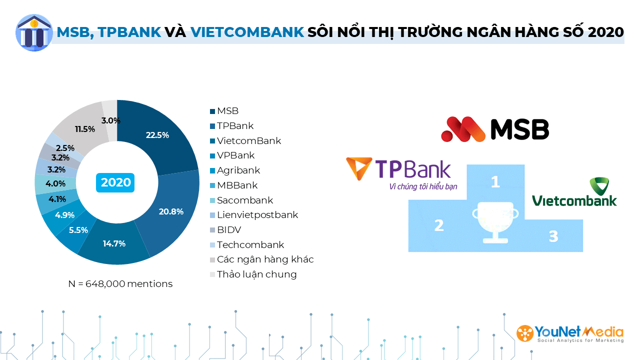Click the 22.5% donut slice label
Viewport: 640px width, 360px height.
(x=157, y=135)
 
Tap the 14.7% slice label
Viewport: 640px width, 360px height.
(x=114, y=243)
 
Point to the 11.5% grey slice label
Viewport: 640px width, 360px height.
(x=85, y=129)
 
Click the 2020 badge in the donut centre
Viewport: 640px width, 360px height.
(x=115, y=182)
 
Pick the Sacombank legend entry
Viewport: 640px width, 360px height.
(x=241, y=200)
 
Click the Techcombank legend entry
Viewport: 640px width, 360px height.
(x=247, y=245)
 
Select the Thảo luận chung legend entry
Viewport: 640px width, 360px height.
(x=253, y=274)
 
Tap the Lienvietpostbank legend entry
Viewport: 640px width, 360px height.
(x=254, y=215)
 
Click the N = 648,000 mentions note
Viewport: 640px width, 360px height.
(x=120, y=283)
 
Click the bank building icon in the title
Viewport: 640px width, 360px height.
(x=34, y=32)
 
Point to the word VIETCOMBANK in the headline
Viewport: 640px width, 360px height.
(x=247, y=32)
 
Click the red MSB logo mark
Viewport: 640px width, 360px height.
(x=463, y=129)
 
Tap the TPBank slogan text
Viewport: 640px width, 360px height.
(x=423, y=186)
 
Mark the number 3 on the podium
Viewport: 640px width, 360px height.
(x=553, y=236)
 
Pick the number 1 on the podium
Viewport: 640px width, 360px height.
(x=495, y=181)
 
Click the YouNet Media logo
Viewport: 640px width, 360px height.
(x=570, y=333)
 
